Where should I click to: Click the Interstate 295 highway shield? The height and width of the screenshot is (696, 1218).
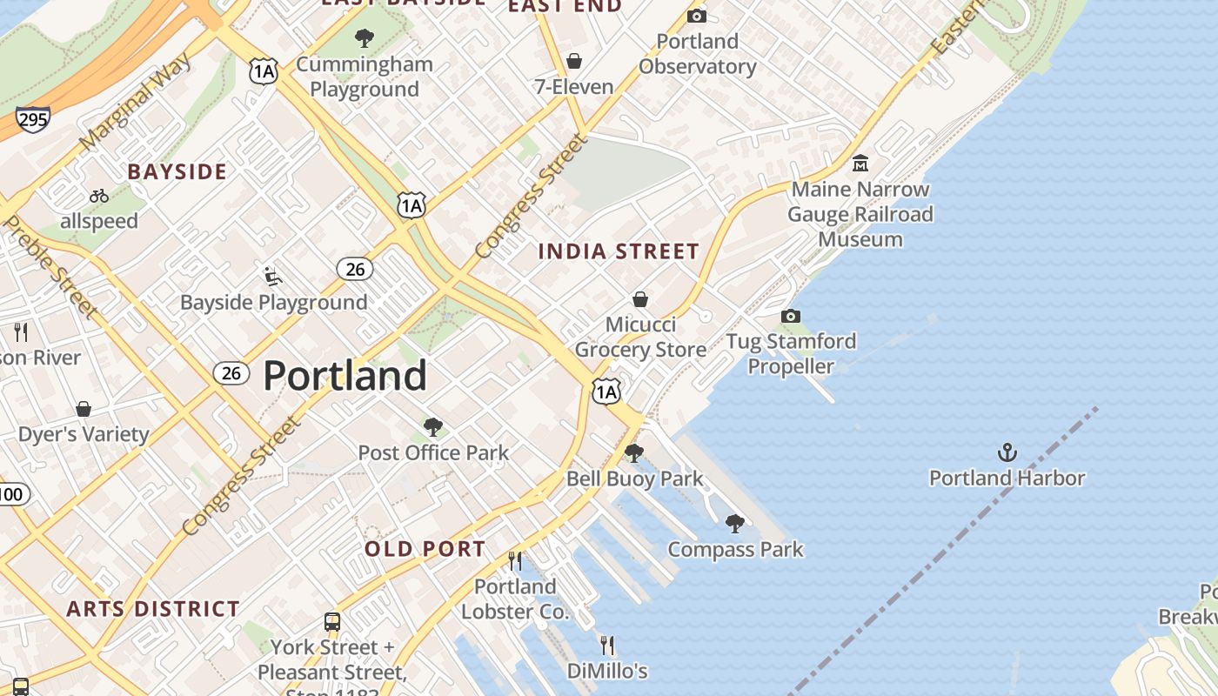[x=32, y=119]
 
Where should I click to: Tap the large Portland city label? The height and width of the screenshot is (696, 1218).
[x=345, y=376]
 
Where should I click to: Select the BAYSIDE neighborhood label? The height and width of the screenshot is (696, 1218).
[x=177, y=172]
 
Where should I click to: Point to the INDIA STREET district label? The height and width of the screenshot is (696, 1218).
[x=619, y=252]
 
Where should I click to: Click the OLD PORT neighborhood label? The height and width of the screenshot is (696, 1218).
[x=425, y=549]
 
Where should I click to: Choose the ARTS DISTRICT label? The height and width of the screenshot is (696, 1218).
[x=153, y=609]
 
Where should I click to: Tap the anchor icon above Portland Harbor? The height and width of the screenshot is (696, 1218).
[x=1007, y=452]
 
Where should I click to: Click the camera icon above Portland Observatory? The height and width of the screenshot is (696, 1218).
[x=697, y=16]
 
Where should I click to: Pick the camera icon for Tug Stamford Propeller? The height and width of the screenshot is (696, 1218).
[x=791, y=316]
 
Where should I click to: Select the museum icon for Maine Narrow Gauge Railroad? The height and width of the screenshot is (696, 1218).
[x=860, y=164]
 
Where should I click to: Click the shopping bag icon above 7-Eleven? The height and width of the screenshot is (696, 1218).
[x=574, y=61]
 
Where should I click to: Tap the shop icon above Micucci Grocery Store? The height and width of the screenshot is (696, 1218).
[x=640, y=299]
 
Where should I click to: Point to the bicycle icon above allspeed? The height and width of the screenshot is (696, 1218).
[x=99, y=196]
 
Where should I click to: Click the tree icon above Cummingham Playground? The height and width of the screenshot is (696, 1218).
[x=365, y=38]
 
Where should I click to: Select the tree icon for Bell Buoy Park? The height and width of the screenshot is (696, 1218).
[x=634, y=453]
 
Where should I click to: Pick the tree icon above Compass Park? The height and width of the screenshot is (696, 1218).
[x=735, y=524]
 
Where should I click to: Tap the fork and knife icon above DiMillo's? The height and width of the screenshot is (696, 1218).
[x=607, y=646]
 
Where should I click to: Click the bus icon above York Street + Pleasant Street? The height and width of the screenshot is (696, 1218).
[x=332, y=622]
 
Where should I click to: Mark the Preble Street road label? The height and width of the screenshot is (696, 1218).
[x=50, y=266]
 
